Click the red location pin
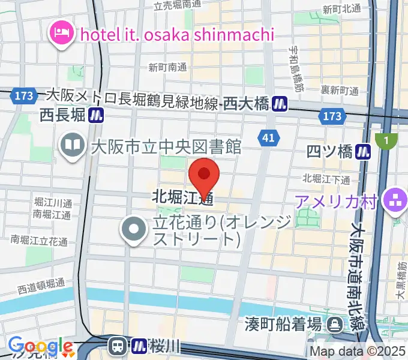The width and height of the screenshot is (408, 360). tap(204, 175)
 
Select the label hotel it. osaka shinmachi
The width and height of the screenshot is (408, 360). tap(176, 34)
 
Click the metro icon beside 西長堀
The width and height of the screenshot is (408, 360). tap(96, 115)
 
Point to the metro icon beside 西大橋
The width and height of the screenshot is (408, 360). tap(278, 104)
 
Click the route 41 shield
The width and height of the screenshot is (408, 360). tap(268, 139)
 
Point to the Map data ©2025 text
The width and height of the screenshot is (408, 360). tap(358, 352)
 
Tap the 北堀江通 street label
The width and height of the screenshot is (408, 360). tap(183, 196)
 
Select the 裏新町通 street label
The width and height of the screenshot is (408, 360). tap(339, 91)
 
